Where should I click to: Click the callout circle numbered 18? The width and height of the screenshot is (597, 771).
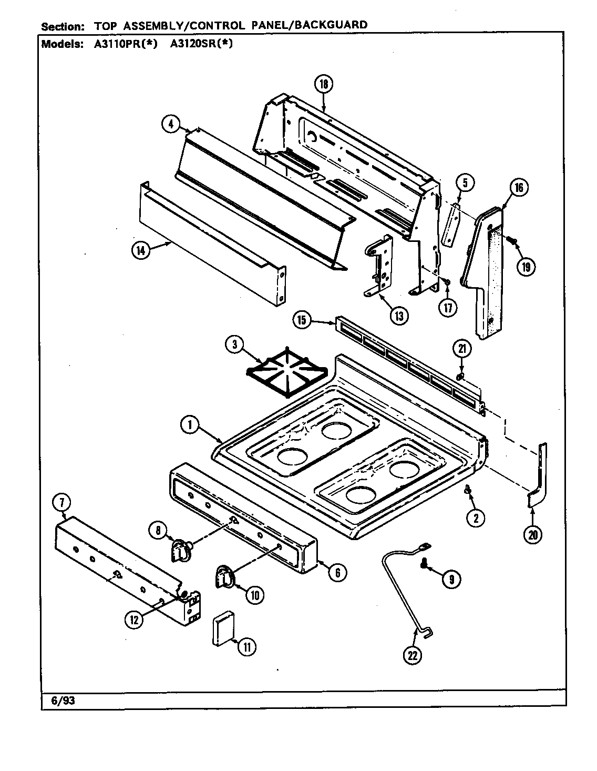point(324,84)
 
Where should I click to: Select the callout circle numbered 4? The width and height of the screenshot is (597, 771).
point(169,124)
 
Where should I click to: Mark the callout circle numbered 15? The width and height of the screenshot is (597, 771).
point(303,321)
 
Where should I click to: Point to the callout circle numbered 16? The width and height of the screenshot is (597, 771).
point(518,188)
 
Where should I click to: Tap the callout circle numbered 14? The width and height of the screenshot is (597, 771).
point(140,250)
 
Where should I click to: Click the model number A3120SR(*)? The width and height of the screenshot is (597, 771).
point(201,45)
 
